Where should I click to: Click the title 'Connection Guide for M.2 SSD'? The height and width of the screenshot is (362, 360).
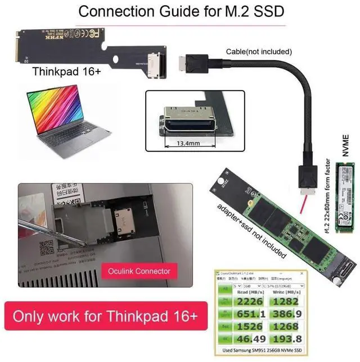(179, 11)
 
